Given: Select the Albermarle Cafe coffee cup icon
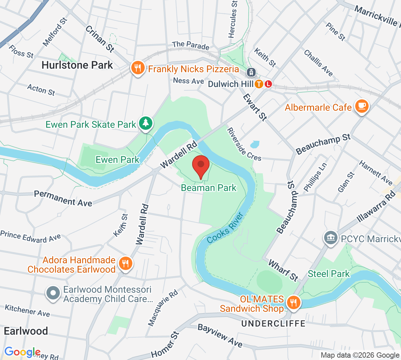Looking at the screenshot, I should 361,106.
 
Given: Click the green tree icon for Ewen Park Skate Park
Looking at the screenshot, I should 145,123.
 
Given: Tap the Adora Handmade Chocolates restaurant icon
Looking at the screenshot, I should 125,263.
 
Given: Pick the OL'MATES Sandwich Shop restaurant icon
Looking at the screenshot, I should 293,302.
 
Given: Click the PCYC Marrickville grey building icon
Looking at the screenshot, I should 330,238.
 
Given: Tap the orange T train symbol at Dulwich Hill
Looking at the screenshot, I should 259,84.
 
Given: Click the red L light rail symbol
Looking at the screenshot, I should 268,84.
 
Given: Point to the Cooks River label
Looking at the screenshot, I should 225,228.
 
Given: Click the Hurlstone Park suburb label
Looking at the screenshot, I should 77,65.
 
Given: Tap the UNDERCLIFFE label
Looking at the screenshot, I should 273,324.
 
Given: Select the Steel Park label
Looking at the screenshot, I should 328,274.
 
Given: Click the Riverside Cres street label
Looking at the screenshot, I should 244,144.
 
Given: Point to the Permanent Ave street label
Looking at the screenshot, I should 63,198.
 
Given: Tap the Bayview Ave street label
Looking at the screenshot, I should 220,335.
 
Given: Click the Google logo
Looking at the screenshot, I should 22,352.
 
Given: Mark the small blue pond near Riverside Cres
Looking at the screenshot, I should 255,144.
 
